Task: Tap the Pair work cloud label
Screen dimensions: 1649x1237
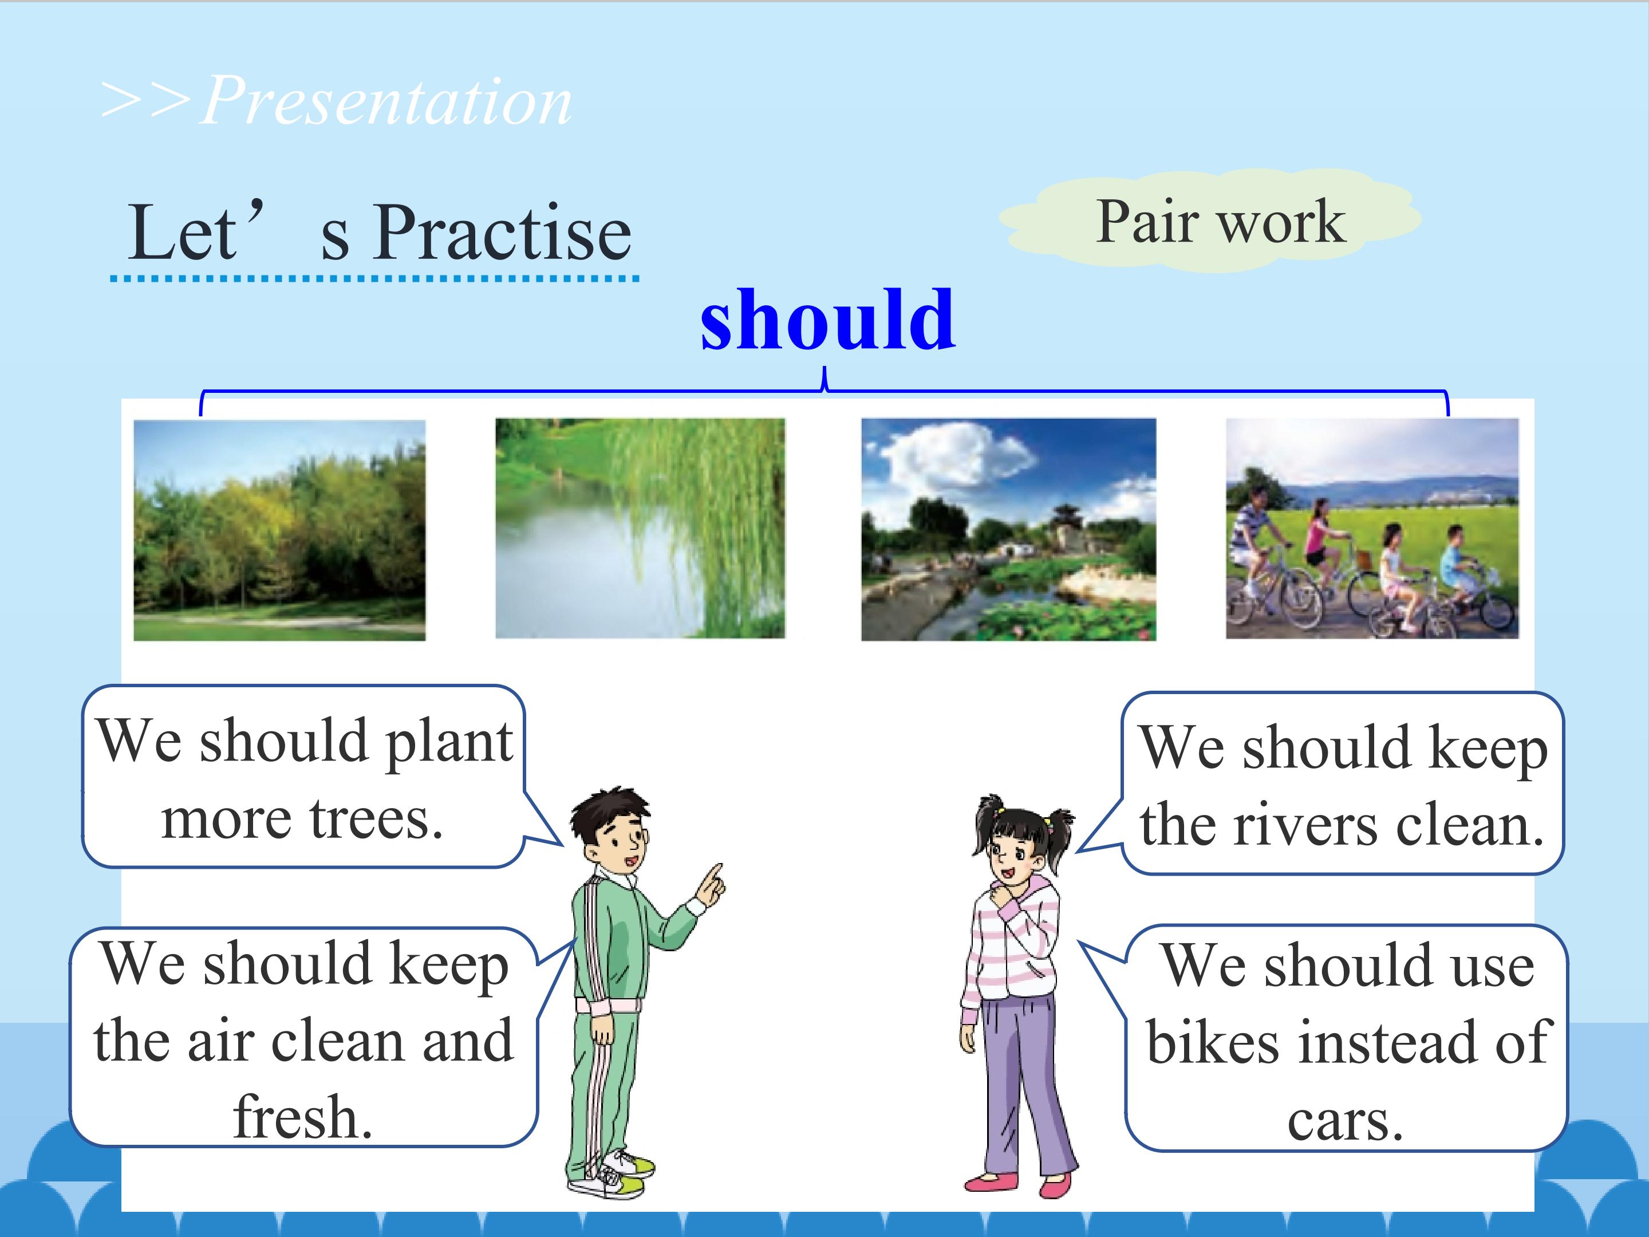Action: [1210, 220]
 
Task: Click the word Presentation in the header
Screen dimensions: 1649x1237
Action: [386, 101]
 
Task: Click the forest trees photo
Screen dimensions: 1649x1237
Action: [279, 530]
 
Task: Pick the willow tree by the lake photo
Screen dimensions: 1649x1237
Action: [640, 529]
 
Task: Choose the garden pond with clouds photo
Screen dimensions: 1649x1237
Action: [1009, 529]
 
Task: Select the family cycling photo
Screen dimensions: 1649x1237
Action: [1372, 529]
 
